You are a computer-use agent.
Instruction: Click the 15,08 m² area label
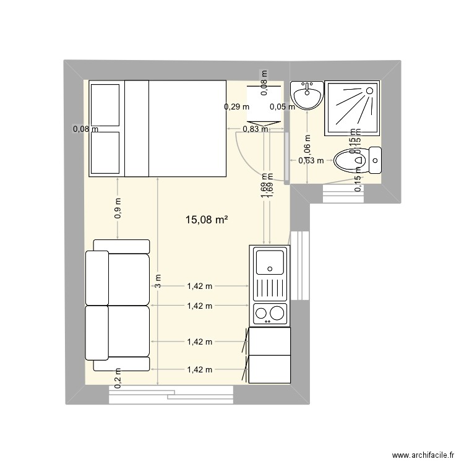[x=207, y=219]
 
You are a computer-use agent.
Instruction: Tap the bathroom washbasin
[x=307, y=97]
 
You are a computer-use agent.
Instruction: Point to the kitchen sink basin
[x=270, y=260]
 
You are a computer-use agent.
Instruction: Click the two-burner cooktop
[x=270, y=314]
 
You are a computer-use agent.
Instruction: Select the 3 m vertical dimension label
[x=158, y=282]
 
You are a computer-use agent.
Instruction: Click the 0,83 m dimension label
[x=255, y=129]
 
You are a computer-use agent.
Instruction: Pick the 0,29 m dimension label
[x=236, y=106]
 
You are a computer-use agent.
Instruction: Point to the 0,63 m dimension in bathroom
[x=311, y=161]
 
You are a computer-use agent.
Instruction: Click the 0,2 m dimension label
[x=118, y=375]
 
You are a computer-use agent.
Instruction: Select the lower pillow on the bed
[x=105, y=152]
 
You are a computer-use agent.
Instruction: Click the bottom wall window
[x=171, y=395]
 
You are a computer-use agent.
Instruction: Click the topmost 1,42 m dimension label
[x=199, y=286]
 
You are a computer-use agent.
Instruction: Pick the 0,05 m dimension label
[x=282, y=106]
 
